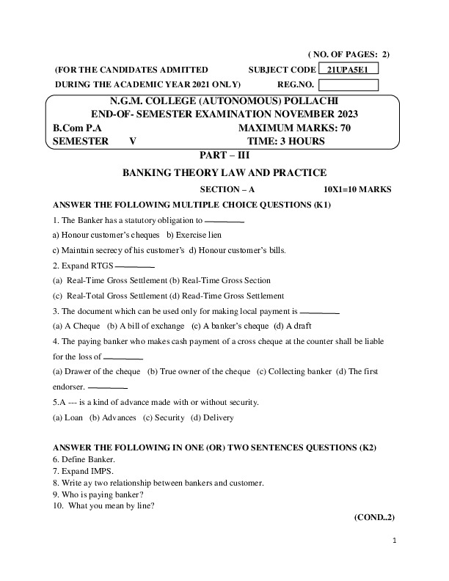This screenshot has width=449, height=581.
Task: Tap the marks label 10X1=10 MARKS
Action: (357, 189)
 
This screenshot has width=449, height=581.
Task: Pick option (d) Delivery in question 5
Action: (211, 417)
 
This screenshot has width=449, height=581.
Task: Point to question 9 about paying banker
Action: (99, 494)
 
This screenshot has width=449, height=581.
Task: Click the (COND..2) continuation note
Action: (374, 517)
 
